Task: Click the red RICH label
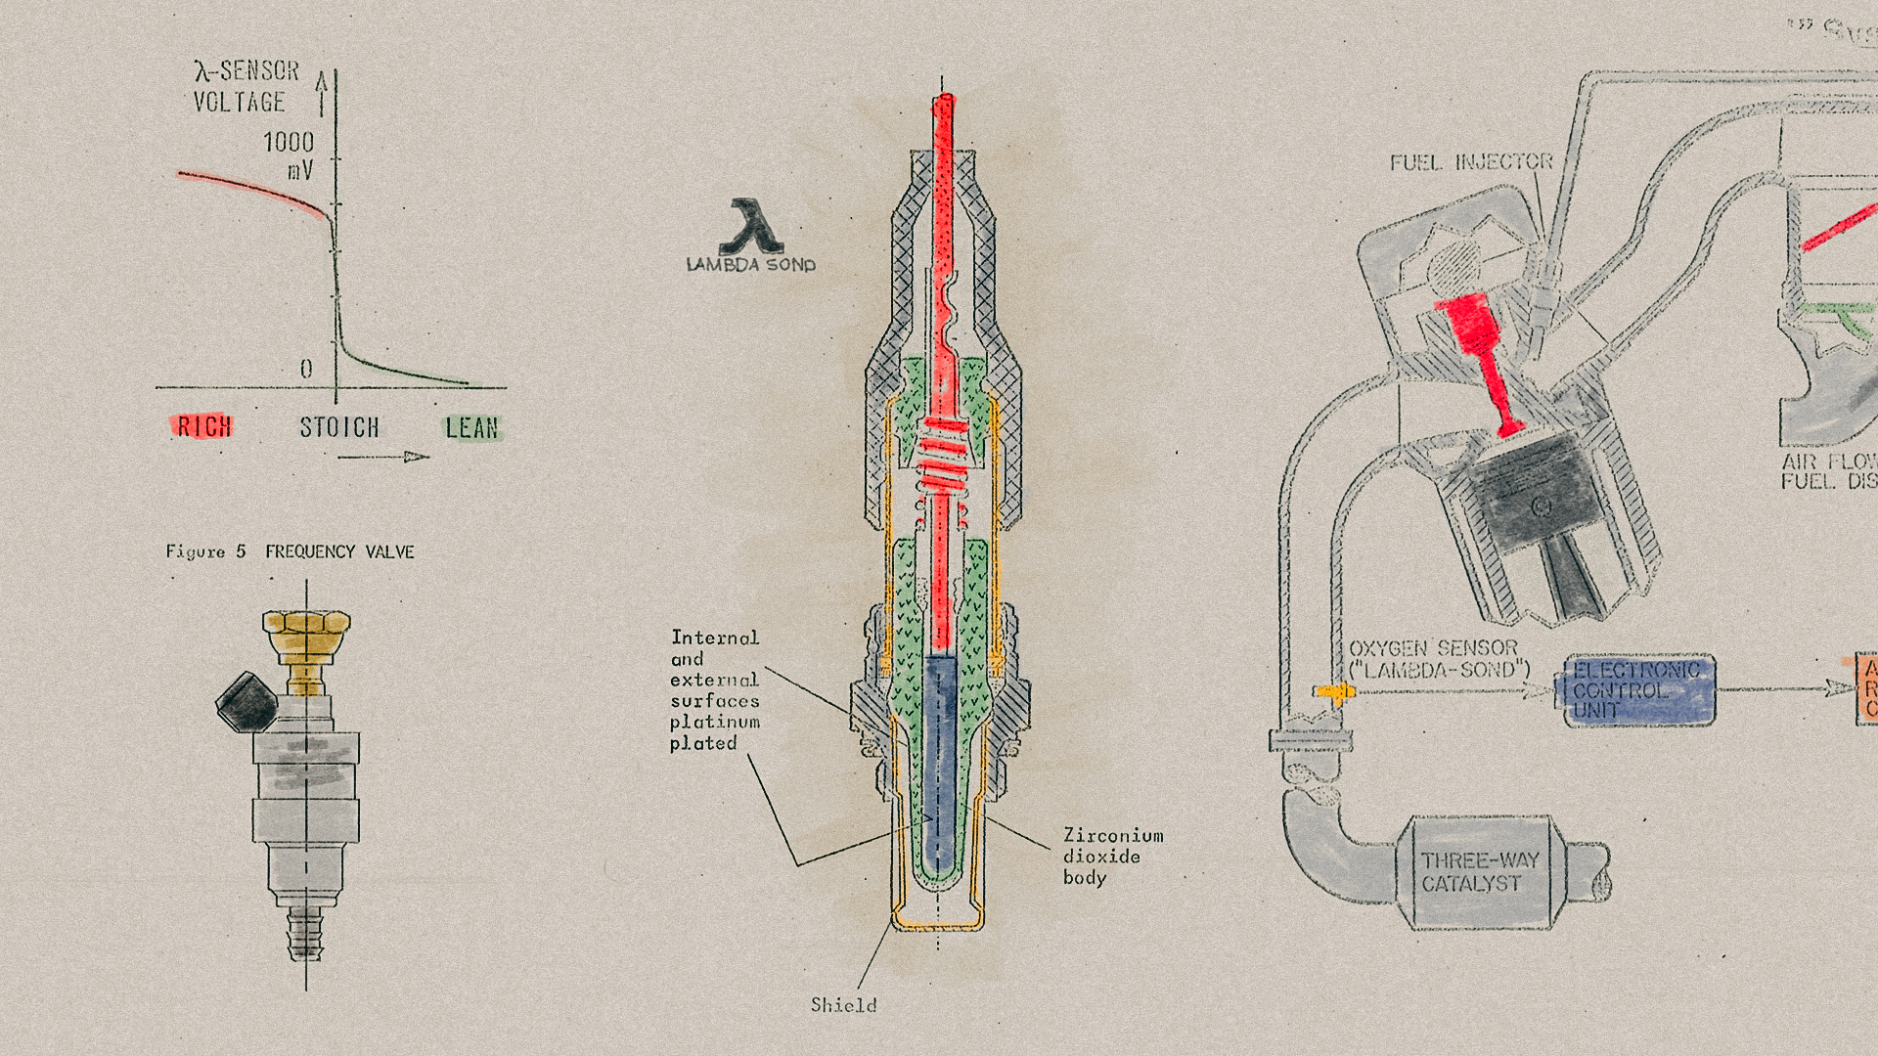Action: click(x=203, y=426)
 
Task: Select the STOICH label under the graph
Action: click(x=338, y=427)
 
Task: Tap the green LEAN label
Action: click(x=472, y=427)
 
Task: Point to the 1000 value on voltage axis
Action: click(x=289, y=143)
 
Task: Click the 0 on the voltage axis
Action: click(x=306, y=369)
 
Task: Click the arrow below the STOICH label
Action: click(x=383, y=457)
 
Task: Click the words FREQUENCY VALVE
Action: click(x=339, y=551)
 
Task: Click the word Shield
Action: click(x=843, y=1004)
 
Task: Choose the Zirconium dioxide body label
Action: click(x=1112, y=857)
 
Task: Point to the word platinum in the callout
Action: click(x=715, y=722)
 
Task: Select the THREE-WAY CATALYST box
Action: click(x=1479, y=872)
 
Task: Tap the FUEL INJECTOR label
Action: click(x=1471, y=161)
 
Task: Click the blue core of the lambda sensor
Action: click(x=940, y=763)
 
